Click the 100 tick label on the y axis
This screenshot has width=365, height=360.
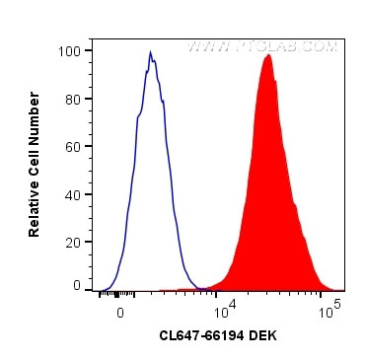click(x=71, y=50)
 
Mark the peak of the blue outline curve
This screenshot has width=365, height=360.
click(x=150, y=52)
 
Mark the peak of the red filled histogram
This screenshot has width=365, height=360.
click(x=267, y=55)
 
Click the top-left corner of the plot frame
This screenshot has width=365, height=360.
click(x=93, y=38)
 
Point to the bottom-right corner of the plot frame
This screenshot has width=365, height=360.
click(x=345, y=292)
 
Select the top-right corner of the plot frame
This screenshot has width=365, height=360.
click(x=345, y=38)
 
